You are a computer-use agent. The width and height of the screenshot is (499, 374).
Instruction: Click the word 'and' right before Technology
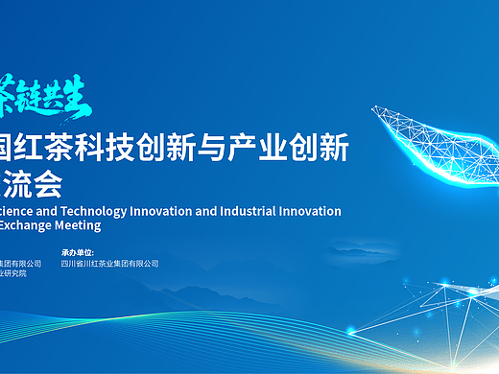click(51, 211)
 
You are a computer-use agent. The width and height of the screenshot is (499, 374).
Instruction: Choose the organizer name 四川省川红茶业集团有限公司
click(109, 264)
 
